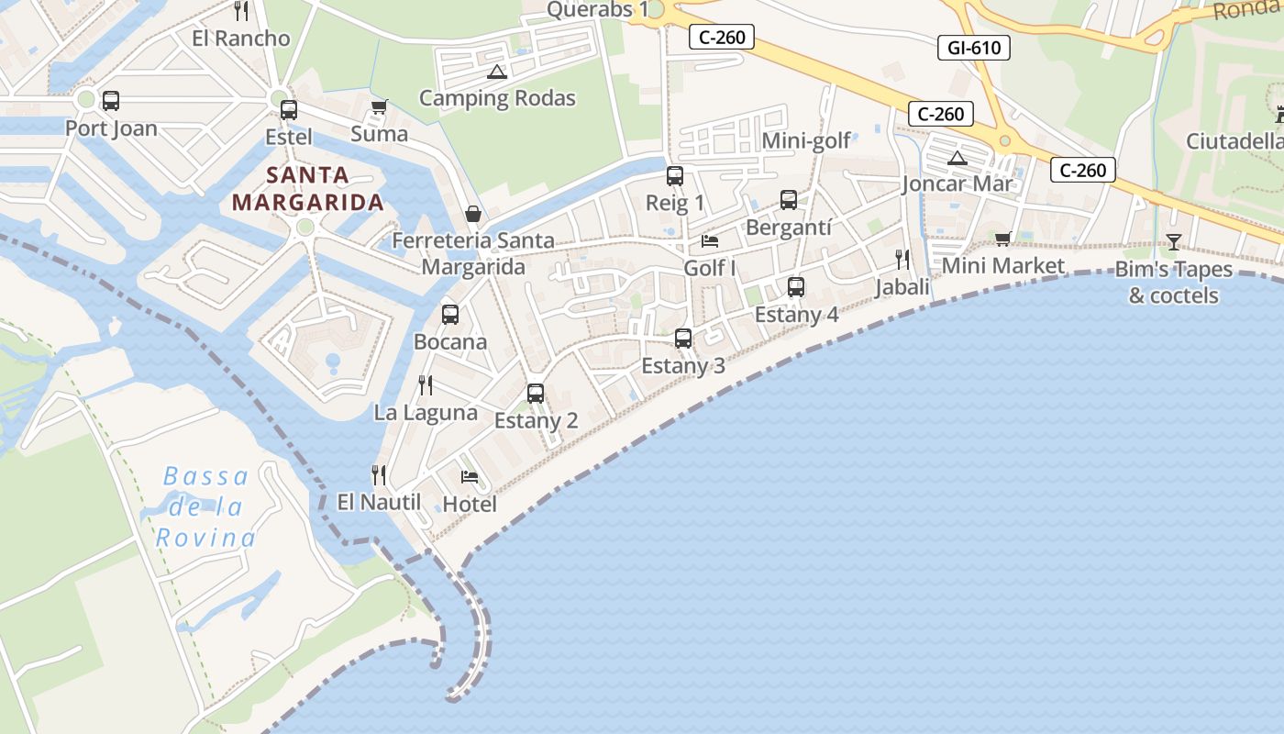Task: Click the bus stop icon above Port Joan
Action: [x=111, y=101]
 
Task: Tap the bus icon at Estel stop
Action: [x=288, y=110]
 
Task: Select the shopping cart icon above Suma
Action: [x=379, y=107]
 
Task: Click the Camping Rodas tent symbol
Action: [x=496, y=72]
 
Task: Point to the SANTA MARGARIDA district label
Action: [x=307, y=188]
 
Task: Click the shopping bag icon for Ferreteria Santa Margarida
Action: [x=473, y=214]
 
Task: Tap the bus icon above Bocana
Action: [x=450, y=315]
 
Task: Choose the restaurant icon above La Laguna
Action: [x=426, y=384]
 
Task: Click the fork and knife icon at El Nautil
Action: [x=378, y=474]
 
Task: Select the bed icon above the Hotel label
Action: [x=470, y=476]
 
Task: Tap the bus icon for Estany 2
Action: [x=536, y=394]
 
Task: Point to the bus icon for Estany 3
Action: [x=683, y=339]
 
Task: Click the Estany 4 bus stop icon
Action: [x=796, y=287]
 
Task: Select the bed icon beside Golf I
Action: [x=710, y=241]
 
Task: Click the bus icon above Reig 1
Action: [x=675, y=176]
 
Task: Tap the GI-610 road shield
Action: [x=973, y=48]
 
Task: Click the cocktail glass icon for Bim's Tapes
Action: [x=1173, y=242]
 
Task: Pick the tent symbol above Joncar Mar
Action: [x=957, y=158]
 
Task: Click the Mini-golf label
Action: [x=807, y=140]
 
